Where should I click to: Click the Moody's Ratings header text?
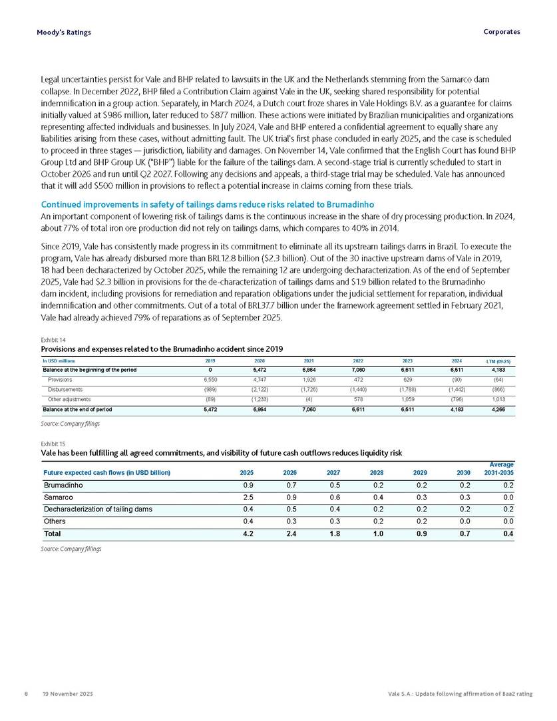pos(64,32)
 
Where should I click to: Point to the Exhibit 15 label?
pos(54,442)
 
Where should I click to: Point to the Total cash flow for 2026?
pos(289,533)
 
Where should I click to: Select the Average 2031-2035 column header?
pos(496,469)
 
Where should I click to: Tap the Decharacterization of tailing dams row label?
pos(98,509)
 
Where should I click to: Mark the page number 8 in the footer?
pos(25,694)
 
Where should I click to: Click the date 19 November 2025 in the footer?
pos(66,694)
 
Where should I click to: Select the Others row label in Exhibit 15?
pos(55,521)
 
